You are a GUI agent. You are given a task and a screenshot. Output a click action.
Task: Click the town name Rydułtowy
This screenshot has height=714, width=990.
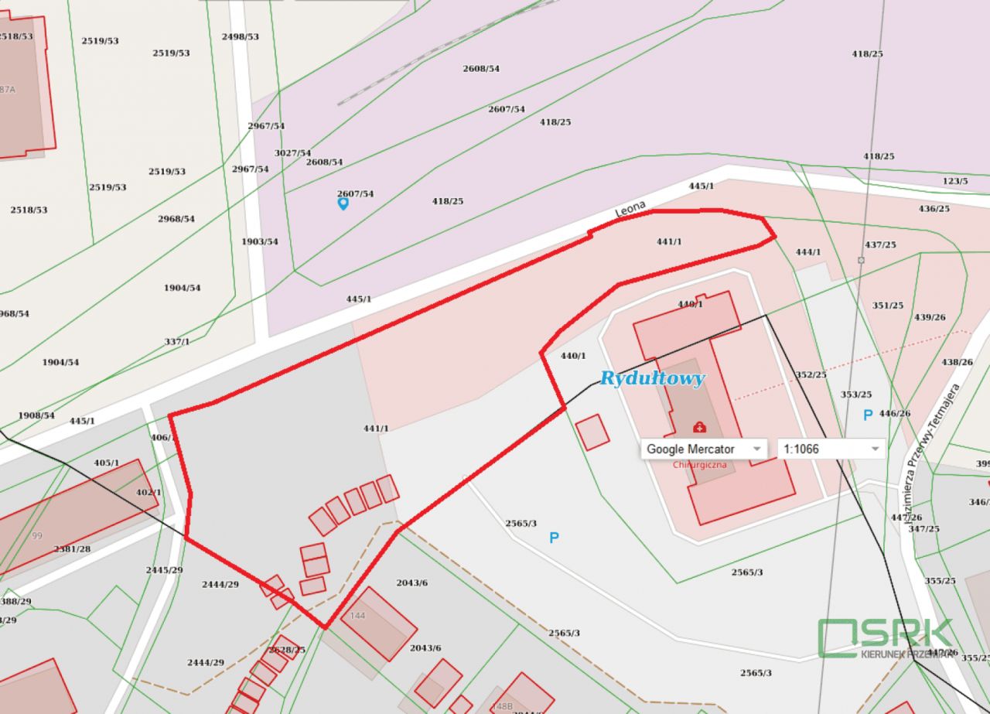pos(653,378)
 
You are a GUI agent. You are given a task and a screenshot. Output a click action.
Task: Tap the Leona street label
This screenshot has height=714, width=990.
pos(630,210)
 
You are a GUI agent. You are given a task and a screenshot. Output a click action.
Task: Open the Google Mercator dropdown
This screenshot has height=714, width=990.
pos(703,449)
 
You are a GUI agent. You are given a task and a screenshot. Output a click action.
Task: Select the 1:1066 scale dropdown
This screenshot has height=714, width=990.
pos(831,449)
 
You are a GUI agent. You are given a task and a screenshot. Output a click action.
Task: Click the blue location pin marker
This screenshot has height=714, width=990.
pos(343,203)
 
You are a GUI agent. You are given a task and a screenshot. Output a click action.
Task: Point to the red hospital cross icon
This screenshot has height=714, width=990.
pos(699,427)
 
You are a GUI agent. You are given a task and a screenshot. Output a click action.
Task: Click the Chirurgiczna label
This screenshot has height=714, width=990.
pos(699,465)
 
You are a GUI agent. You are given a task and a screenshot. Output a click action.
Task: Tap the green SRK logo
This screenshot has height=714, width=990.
pos(886,637)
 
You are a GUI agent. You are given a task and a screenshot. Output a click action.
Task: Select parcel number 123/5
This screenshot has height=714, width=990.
pos(955,181)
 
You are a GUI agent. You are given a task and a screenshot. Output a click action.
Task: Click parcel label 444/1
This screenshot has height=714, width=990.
pos(808,252)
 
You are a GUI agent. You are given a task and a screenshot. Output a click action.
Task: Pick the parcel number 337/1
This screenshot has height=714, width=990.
pos(177,342)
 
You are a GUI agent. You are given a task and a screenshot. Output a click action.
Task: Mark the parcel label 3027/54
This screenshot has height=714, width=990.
pos(293,153)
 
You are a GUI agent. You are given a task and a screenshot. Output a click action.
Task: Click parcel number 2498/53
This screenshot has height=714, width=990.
pos(241,36)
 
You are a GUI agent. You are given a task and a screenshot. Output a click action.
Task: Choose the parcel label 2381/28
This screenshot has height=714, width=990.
pos(72,548)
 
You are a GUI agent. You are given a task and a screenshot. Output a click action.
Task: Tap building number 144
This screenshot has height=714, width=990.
pos(357,616)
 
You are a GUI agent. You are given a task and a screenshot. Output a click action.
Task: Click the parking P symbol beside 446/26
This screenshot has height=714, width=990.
pos(868,415)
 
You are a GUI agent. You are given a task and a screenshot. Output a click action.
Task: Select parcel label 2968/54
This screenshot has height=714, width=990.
pos(176,219)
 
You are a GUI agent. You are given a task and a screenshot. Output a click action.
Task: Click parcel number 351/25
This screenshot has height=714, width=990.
pos(888,306)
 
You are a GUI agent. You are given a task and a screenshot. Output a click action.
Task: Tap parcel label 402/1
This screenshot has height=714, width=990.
pos(149,493)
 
